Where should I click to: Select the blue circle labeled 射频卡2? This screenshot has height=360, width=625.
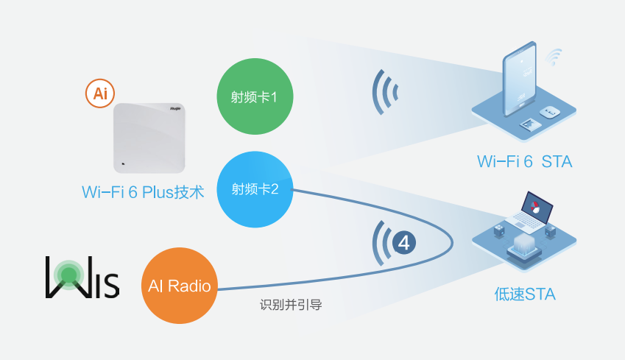(x=255, y=189)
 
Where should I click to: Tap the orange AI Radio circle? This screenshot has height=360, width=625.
(x=180, y=285)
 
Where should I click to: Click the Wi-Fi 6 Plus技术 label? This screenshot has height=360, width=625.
(x=143, y=193)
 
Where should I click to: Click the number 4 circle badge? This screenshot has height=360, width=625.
(x=404, y=242)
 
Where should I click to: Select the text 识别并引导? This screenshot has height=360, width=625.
(x=291, y=303)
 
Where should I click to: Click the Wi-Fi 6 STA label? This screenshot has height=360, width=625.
(x=524, y=161)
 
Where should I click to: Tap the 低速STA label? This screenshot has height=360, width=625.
(x=524, y=295)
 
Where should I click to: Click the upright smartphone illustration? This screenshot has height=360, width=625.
(x=520, y=83)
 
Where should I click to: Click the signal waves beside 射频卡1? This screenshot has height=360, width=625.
(x=384, y=92)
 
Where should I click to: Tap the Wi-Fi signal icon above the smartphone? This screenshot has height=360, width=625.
(x=555, y=56)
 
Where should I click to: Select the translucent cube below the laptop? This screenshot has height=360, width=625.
(x=526, y=244)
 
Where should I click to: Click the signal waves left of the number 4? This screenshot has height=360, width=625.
(x=381, y=243)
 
